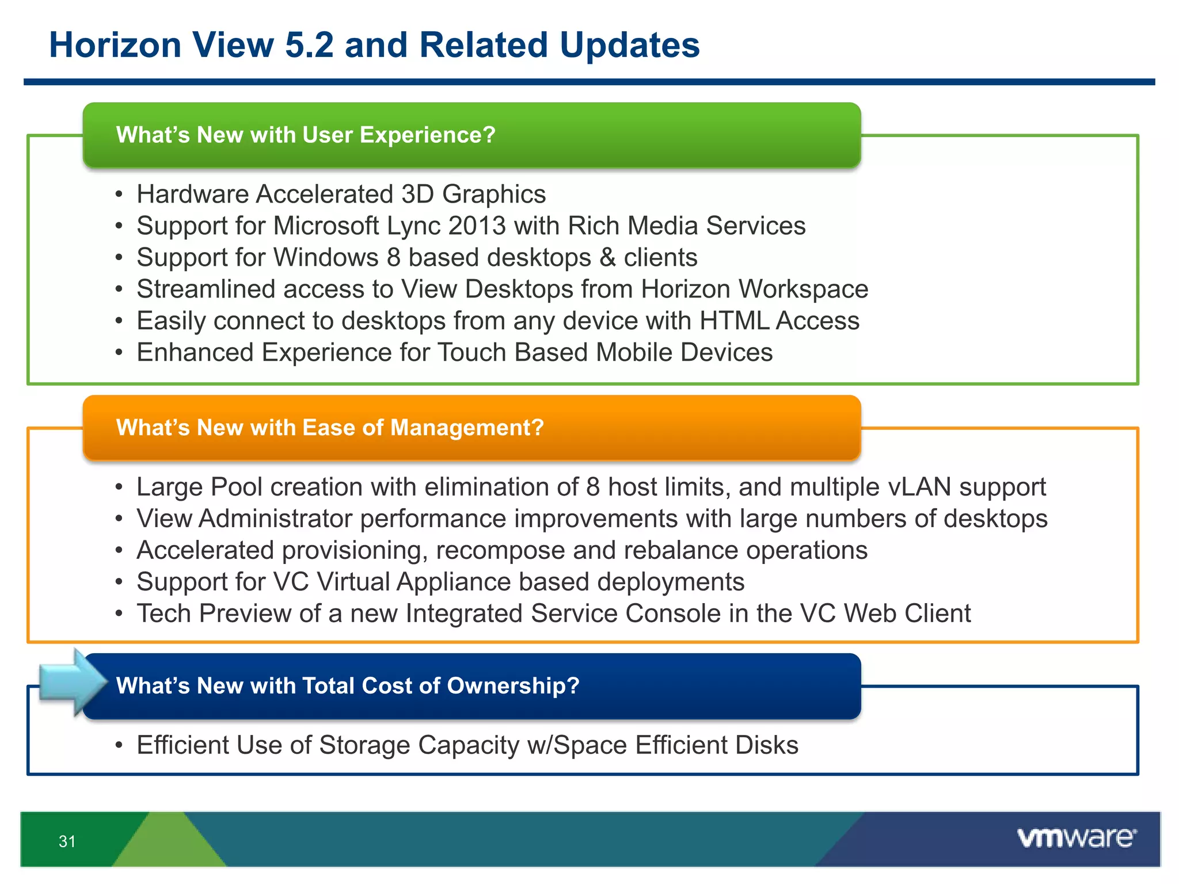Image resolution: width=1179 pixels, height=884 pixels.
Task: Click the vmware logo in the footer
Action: pyautogui.click(x=1077, y=838)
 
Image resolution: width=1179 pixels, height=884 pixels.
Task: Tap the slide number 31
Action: pyautogui.click(x=67, y=841)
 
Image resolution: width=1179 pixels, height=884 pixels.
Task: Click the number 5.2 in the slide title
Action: pyautogui.click(x=309, y=45)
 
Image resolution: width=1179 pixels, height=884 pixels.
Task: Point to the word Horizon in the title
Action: pyautogui.click(x=115, y=45)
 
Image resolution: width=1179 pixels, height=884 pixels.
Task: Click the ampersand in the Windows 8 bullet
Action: pyautogui.click(x=607, y=258)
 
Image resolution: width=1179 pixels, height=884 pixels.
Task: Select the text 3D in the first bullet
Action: pyautogui.click(x=417, y=195)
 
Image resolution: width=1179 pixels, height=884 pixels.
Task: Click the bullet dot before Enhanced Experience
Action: pyautogui.click(x=119, y=353)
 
